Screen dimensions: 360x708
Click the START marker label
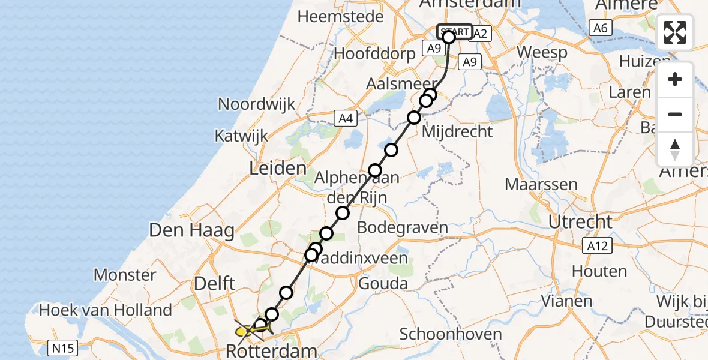455,31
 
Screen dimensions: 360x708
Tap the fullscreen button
675,32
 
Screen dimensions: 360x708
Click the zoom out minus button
675,114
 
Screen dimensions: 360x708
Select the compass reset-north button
675,149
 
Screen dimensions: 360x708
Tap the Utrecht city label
580,221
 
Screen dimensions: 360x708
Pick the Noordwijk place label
256,104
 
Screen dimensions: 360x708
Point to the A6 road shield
600,28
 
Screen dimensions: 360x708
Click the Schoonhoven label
442,334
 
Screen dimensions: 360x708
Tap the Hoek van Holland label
106,310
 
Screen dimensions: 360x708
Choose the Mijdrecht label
457,131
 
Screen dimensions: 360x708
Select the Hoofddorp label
374,53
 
